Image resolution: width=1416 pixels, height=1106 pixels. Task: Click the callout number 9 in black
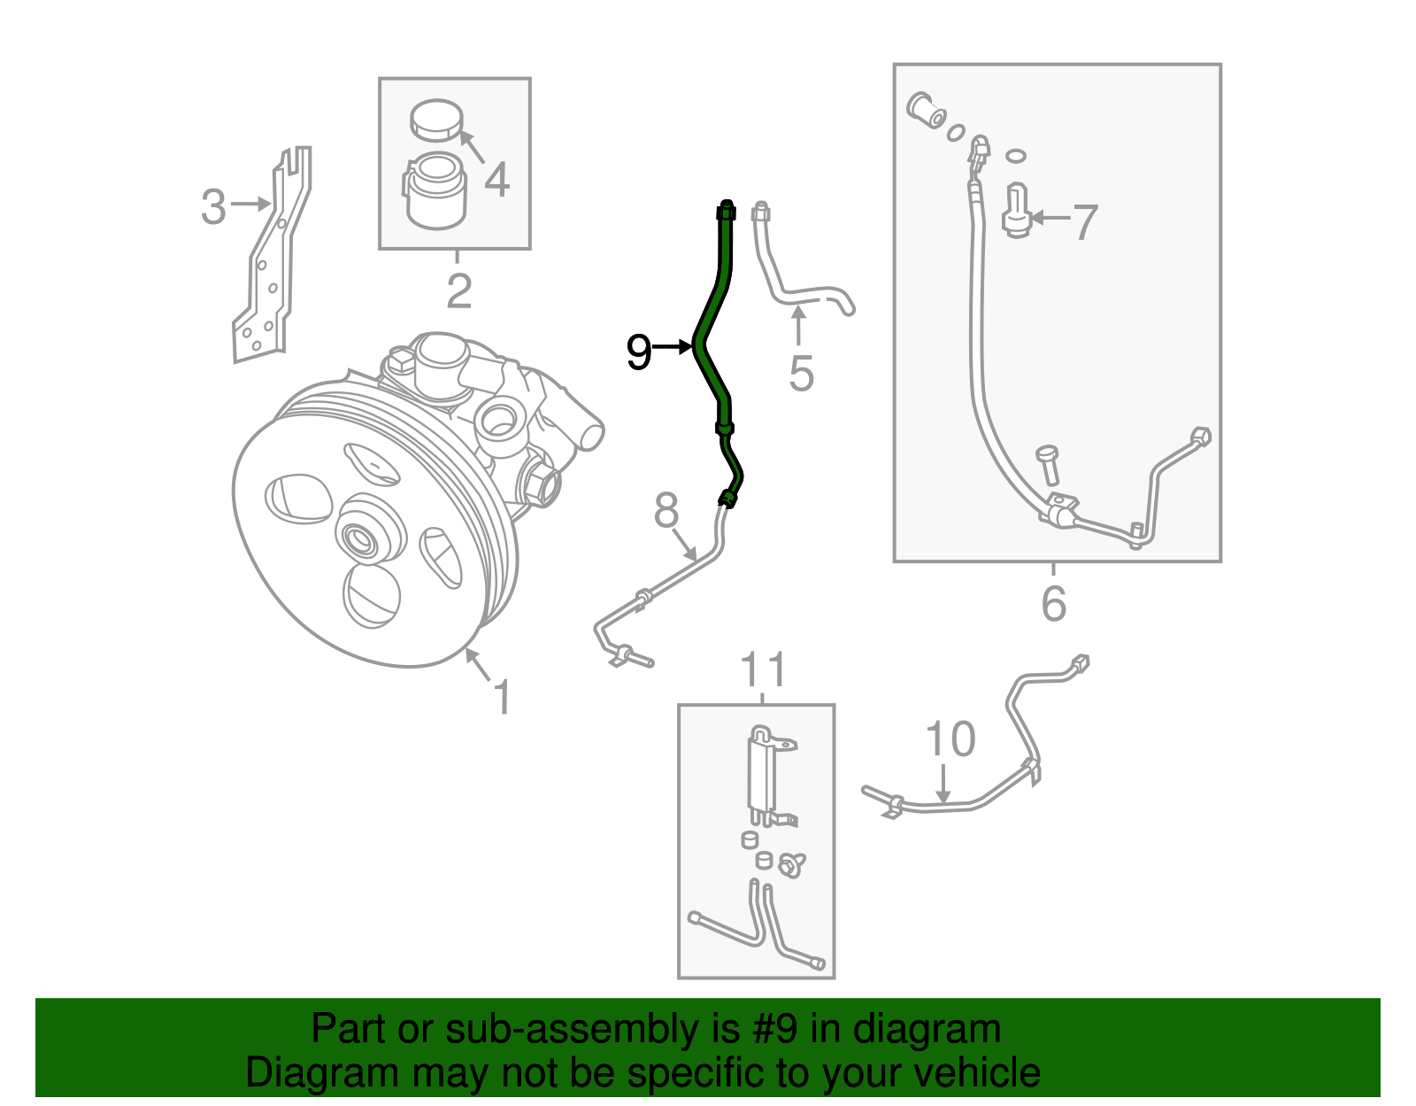tap(639, 352)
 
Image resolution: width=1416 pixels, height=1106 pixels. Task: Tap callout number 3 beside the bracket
tap(213, 206)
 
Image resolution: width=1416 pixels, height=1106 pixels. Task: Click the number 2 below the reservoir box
tap(458, 290)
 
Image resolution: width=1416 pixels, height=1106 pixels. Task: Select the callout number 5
tap(801, 373)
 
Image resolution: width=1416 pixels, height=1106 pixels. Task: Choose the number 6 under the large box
tap(1053, 604)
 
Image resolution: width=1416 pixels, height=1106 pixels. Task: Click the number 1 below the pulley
tap(502, 697)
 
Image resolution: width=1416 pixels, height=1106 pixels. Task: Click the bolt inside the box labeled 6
tap(1048, 464)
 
